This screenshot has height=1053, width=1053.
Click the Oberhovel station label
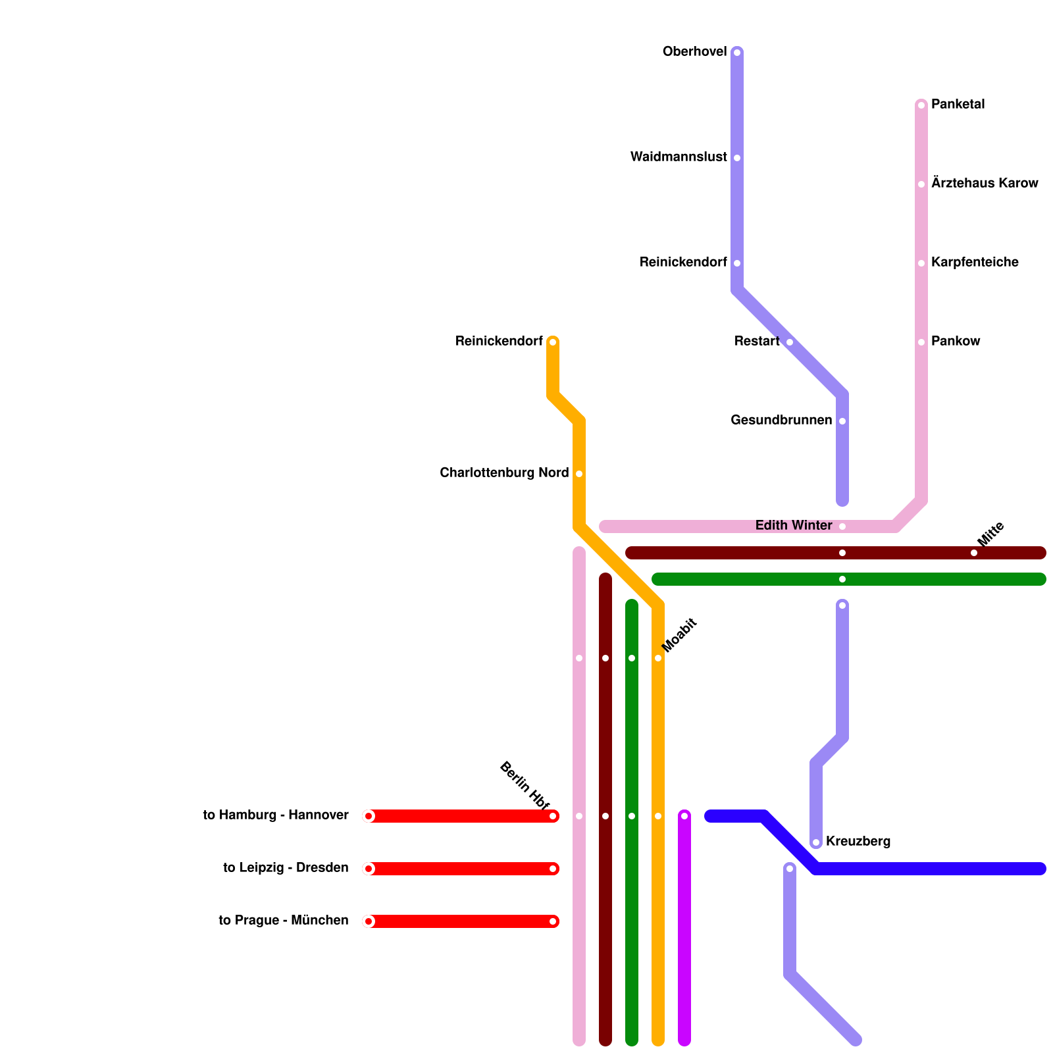click(694, 52)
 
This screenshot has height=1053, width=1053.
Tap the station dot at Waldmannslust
click(737, 158)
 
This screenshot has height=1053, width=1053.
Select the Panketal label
click(958, 105)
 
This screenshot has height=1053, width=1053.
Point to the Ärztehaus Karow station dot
click(921, 184)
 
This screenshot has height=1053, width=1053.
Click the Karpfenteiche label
click(975, 263)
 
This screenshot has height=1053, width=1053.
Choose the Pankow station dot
click(921, 342)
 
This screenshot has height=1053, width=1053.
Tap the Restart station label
click(757, 342)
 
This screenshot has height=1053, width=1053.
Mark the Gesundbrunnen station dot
click(842, 421)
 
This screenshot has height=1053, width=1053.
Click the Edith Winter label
click(794, 526)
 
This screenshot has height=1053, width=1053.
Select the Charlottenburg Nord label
click(504, 473)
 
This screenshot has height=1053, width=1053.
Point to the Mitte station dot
click(974, 553)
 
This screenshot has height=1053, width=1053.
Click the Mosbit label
click(679, 636)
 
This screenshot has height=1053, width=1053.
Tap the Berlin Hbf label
click(524, 785)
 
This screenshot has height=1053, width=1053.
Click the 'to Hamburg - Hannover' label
click(276, 815)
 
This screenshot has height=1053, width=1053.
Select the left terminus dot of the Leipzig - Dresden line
click(369, 869)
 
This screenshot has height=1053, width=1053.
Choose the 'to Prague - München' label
click(284, 921)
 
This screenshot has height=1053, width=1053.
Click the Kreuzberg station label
click(858, 842)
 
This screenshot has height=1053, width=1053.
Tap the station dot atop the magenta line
click(684, 816)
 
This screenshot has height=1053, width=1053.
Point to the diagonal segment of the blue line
click(790, 842)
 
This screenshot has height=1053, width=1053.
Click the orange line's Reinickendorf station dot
click(553, 342)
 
